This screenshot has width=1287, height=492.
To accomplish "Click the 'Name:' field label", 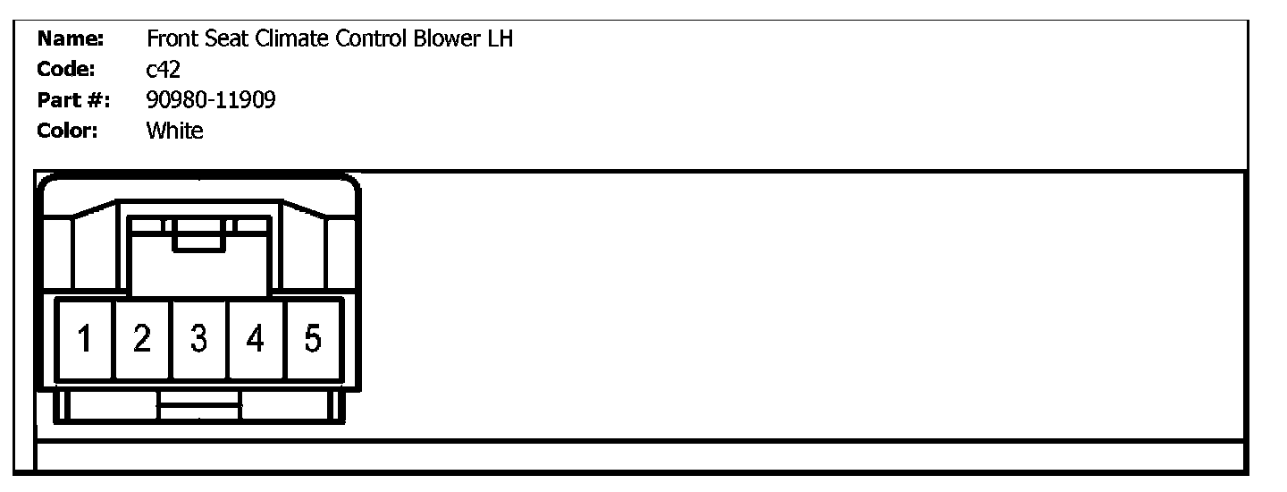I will pos(71,39).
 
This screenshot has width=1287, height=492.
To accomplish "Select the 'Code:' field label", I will pos(67,70).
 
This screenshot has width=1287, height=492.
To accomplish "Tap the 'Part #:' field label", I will pos(73,100).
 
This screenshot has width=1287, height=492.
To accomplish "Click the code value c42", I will pos(163,70).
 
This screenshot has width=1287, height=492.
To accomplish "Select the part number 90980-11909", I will pos(210,100).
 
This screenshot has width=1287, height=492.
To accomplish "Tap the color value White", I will pos(174,131).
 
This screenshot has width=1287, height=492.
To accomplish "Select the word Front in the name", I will pos(171,39).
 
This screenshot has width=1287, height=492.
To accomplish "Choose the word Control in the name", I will pos(369,39).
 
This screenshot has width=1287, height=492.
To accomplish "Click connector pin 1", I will pos(86,339).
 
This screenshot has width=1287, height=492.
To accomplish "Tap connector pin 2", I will pos(142,339).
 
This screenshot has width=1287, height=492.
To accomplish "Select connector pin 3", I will pos(199,339).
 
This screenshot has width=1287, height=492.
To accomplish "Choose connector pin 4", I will pos(256,339).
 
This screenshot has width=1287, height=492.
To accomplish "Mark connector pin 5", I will pos(312,339).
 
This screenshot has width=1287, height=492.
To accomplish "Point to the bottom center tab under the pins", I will pos(199,406).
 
